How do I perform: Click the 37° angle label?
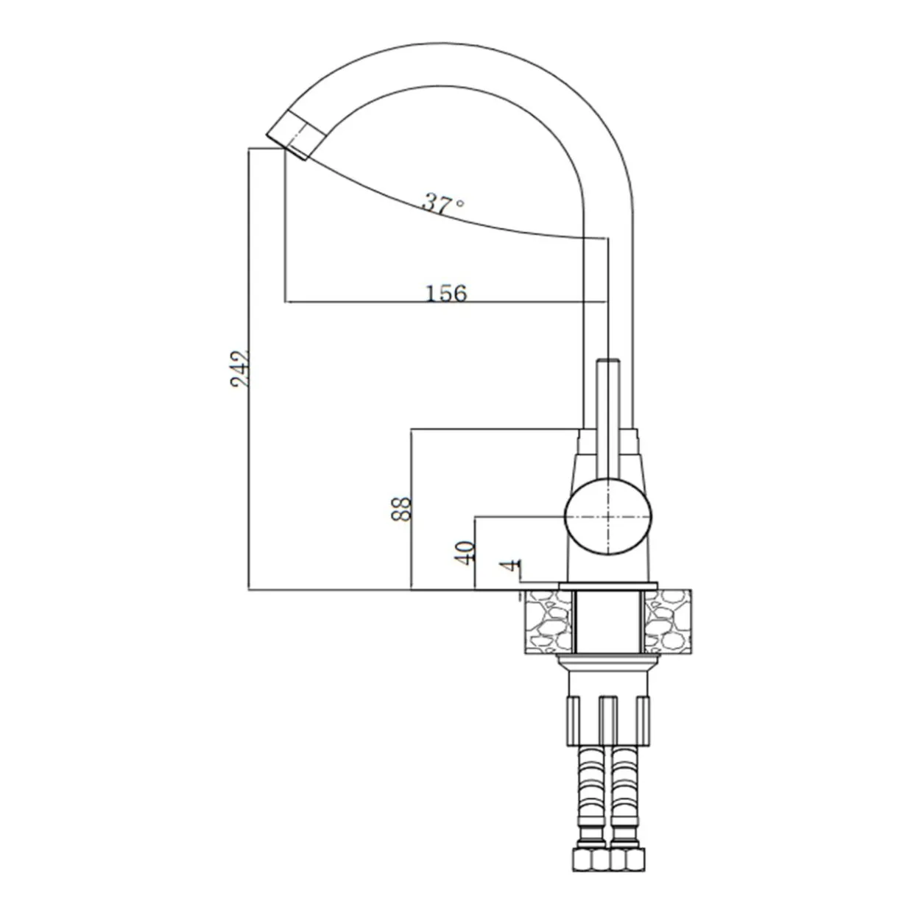(443, 202)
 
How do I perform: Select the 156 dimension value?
(446, 293)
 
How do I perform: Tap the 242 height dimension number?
(240, 369)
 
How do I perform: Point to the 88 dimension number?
(401, 509)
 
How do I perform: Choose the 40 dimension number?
(465, 552)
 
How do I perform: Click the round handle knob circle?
(608, 516)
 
